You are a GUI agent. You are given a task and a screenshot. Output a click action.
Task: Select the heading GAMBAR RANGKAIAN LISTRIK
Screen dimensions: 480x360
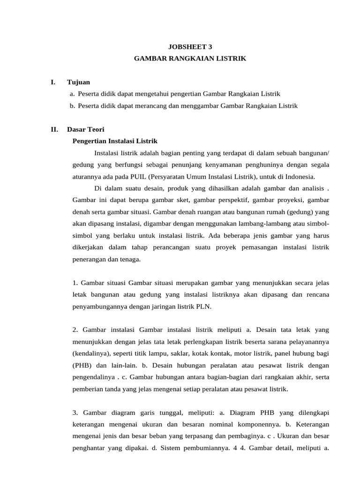coord(190,59)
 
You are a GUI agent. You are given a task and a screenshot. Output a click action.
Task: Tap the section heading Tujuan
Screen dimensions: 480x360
coord(78,82)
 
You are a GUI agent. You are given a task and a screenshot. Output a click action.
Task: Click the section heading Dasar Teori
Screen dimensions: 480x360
coord(86,129)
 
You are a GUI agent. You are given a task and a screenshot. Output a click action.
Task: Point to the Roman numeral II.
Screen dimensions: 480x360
coord(54,129)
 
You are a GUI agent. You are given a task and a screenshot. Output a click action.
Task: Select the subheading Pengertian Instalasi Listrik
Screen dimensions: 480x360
coord(115,141)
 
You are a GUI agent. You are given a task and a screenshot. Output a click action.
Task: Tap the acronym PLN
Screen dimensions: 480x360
coord(204,307)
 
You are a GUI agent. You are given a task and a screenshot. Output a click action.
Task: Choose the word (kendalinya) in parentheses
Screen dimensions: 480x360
coord(92,353)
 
